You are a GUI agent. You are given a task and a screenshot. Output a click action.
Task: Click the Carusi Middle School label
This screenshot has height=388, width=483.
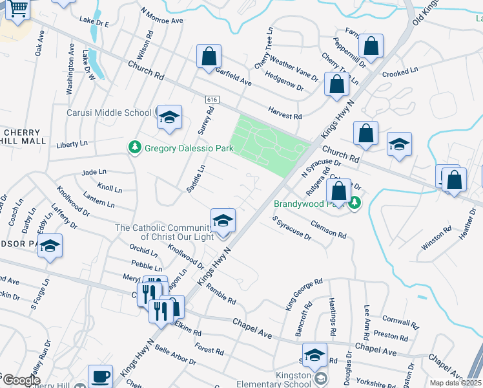point(109,113)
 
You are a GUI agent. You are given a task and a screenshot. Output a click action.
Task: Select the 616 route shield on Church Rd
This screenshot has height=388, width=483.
point(212,100)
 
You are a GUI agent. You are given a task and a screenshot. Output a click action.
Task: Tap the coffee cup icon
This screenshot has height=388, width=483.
point(100,376)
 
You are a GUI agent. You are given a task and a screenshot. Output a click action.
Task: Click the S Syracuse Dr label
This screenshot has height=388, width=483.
point(292,229)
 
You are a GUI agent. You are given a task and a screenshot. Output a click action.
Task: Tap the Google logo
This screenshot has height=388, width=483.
point(21,380)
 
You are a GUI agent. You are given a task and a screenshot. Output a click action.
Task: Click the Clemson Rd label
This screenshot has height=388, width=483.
point(328,228)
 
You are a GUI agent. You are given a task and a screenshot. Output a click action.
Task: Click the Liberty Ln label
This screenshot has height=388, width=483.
point(72,144)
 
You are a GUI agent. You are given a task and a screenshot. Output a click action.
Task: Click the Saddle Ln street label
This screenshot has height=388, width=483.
point(196,178)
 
